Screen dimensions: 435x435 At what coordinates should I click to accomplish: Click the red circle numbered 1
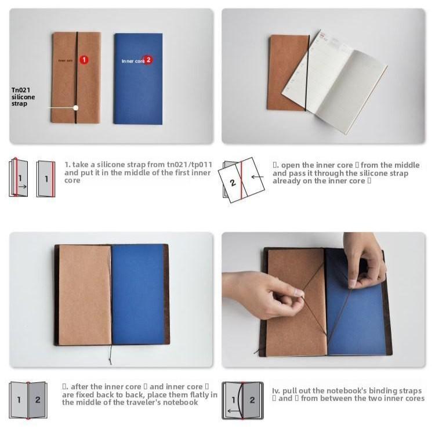(x=84, y=59)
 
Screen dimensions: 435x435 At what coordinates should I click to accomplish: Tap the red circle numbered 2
(x=148, y=60)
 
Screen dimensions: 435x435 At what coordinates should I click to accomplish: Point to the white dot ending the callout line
(x=76, y=107)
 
